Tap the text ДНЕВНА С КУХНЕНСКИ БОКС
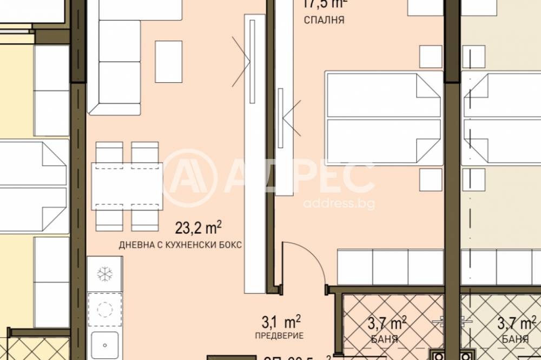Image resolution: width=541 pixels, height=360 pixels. pos(180,245)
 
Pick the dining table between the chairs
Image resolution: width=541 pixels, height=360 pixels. pos(127,186)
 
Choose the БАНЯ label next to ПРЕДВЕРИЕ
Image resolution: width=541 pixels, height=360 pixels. pos(386,339)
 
